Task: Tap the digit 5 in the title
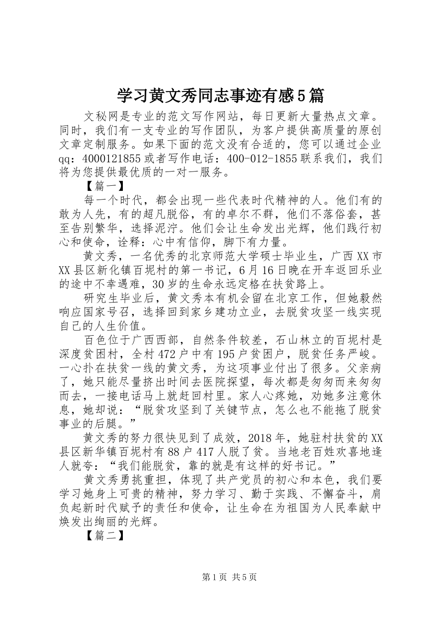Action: tap(301, 96)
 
